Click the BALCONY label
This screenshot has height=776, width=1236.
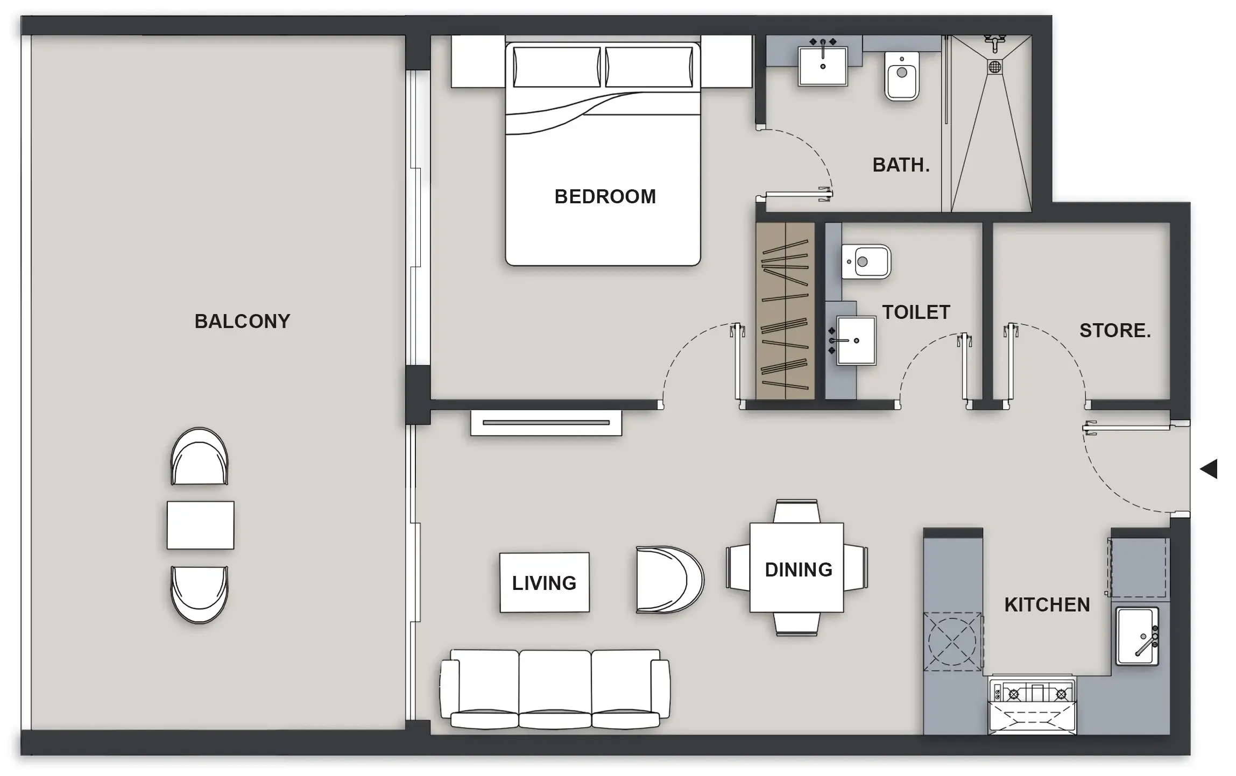pos(242,321)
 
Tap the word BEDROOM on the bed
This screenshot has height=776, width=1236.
pos(605,197)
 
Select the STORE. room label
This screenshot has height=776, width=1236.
pos(1115,330)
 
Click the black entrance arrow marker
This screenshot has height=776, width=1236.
pos(1209,469)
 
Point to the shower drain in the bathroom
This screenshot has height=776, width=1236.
pos(994,67)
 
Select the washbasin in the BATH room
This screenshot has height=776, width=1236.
pos(823,66)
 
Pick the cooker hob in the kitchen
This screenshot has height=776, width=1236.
pos(1032,694)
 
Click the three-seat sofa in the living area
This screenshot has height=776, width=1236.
pos(555,689)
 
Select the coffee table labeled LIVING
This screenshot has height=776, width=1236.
pos(544,582)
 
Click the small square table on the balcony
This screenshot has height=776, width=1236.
pos(200,525)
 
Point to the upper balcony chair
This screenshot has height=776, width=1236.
pos(199,457)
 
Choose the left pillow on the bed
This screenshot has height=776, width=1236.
pos(556,67)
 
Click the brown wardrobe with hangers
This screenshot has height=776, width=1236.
pos(785,311)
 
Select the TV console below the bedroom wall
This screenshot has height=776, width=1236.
pos(546,423)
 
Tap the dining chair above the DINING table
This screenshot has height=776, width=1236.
pos(797,511)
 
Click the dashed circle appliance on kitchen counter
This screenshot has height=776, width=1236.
pos(952,642)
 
